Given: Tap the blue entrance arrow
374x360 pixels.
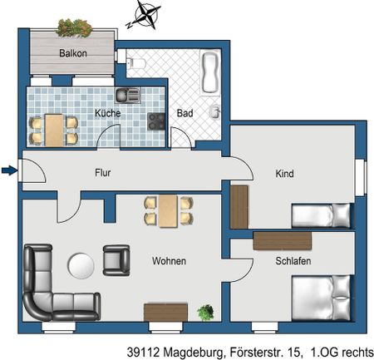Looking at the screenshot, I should pos(8,171).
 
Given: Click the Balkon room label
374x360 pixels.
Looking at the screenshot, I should pos(72,54).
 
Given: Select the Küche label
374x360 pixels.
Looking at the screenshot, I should pos(107,112).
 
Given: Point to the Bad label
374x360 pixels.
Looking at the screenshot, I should pos(185,113).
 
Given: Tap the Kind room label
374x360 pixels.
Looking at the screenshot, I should pos(285,174).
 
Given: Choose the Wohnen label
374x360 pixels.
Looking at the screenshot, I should pos(169,261).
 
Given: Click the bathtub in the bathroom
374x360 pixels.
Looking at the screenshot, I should pos(210,72).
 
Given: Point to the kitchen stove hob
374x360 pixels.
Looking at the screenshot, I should pos(156,121).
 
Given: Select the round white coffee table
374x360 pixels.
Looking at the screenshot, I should pos(81,266).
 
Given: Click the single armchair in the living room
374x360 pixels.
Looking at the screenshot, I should pos(116,260).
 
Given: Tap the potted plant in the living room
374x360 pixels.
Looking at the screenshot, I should pos(204,313).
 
